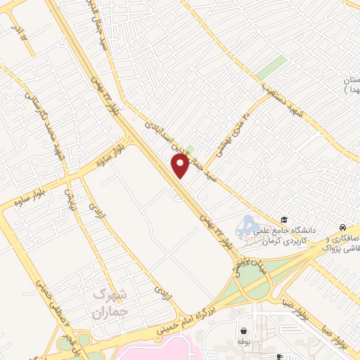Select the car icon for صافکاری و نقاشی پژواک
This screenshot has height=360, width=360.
341,228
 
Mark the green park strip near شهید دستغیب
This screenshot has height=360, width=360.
270,69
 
